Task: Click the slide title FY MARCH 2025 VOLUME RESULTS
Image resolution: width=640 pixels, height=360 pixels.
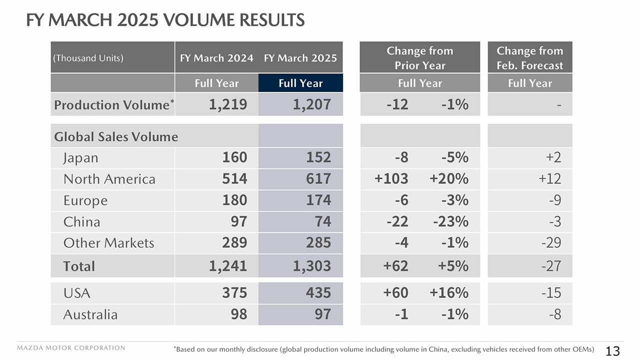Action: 165,20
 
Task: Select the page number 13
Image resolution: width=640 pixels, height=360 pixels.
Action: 612,351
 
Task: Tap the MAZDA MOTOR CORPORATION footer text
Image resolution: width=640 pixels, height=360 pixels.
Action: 71,348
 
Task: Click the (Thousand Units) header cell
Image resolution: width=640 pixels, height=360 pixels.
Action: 87,58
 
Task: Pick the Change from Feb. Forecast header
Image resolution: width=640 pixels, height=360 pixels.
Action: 529,58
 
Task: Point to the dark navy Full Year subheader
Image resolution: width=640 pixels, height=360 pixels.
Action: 300,83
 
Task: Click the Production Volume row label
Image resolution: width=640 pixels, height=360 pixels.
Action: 112,105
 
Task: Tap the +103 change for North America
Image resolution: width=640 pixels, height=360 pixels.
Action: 391,179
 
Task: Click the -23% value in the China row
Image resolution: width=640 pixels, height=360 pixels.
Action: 450,221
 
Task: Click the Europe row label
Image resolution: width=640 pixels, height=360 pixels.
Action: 85,200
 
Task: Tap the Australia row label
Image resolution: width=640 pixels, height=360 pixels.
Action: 90,314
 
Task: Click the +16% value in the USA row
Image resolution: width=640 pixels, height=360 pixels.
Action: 449,292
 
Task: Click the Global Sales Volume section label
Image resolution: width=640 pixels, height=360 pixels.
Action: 116,136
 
